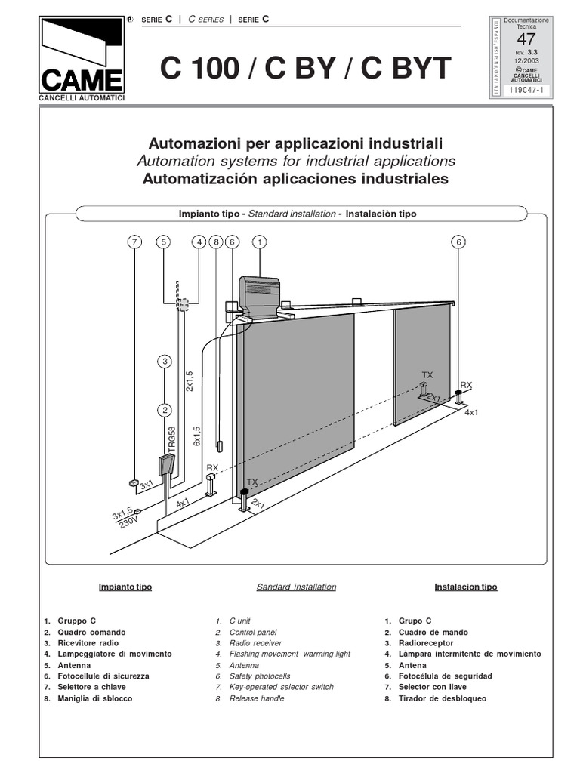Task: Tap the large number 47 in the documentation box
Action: click(x=526, y=39)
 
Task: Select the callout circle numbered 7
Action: click(x=134, y=242)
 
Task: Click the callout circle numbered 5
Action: click(x=165, y=242)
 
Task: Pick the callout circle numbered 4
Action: click(x=199, y=242)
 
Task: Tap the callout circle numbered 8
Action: click(x=217, y=242)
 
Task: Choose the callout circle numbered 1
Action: click(x=259, y=242)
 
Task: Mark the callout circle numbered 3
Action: click(x=165, y=362)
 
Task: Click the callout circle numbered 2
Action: click(x=165, y=410)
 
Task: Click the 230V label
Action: click(x=130, y=522)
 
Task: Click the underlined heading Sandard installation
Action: click(x=296, y=587)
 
